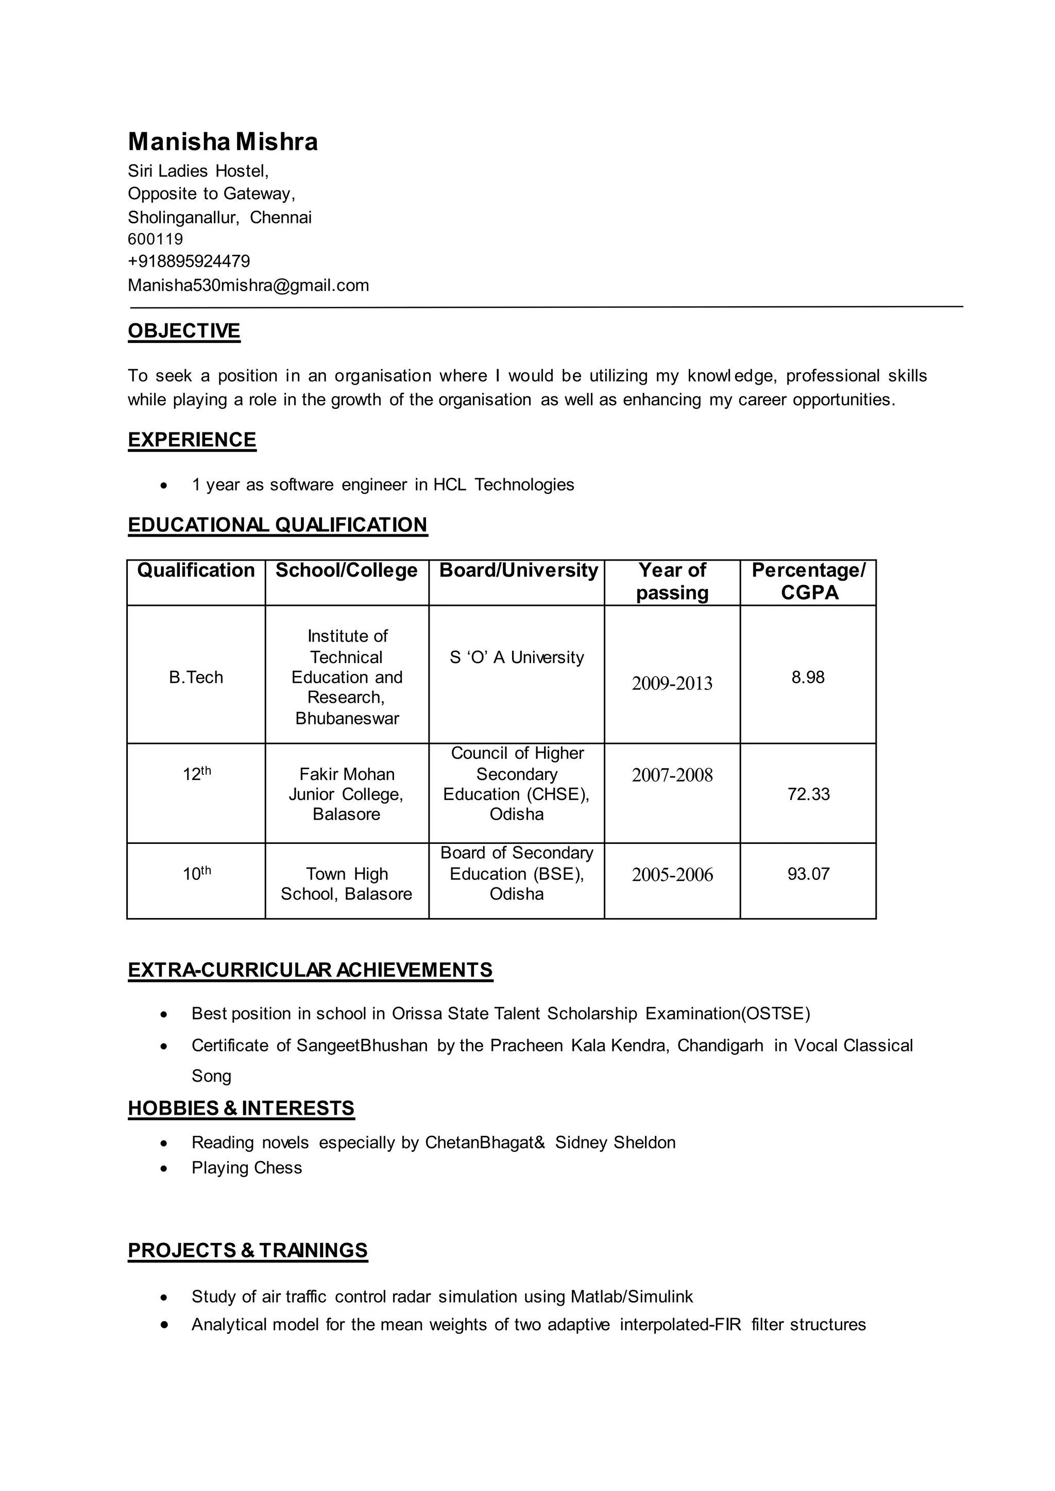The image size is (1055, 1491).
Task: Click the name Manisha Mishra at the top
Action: [x=223, y=142]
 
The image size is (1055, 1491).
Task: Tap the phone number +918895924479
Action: [x=189, y=262]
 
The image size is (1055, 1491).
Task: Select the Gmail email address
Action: [x=248, y=286]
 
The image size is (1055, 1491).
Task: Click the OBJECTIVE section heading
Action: [x=184, y=331]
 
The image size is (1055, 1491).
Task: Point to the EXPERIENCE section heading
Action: [x=192, y=440]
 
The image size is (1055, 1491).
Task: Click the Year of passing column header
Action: [x=672, y=582]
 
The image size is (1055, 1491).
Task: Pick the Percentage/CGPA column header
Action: [x=808, y=582]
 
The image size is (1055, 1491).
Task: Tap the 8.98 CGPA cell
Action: [x=808, y=678]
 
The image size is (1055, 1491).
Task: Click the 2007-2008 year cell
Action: [x=672, y=775]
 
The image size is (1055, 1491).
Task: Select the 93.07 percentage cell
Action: [x=808, y=874]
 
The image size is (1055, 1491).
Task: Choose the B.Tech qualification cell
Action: [x=196, y=678]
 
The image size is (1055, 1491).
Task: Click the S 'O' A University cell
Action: [x=517, y=658]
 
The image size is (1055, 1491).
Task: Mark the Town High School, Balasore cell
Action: [x=346, y=884]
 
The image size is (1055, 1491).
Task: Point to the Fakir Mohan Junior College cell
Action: [x=346, y=793]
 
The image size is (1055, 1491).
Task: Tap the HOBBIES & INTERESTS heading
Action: [x=241, y=1108]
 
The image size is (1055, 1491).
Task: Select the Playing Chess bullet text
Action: [x=246, y=1168]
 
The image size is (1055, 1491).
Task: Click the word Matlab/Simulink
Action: [x=632, y=1297]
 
